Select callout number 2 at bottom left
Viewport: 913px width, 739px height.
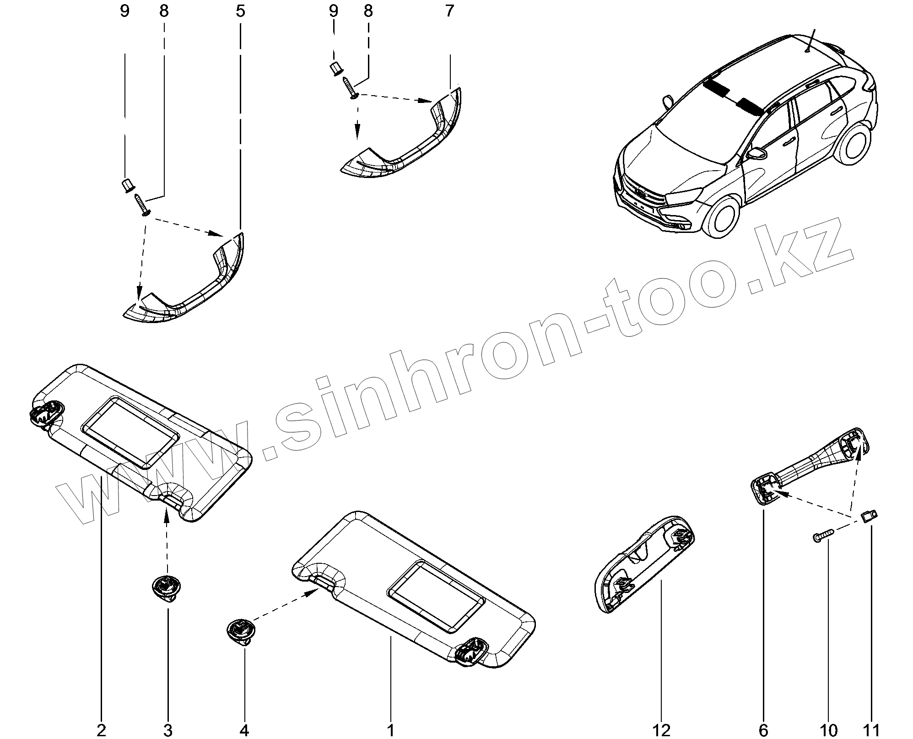tap(101, 729)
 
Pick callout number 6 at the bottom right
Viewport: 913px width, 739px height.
tap(763, 729)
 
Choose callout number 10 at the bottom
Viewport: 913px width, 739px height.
tap(829, 729)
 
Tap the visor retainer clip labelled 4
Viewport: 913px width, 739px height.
tap(240, 631)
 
